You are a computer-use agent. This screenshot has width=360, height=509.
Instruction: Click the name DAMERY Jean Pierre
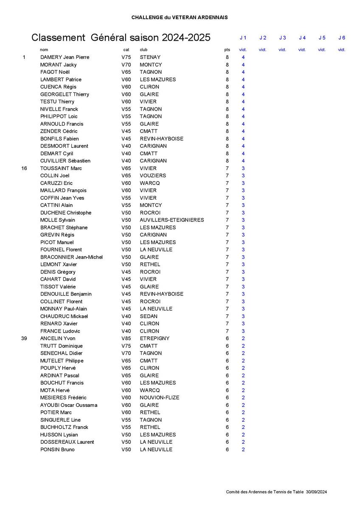(65, 57)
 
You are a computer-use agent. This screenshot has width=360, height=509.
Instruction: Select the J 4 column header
(302, 38)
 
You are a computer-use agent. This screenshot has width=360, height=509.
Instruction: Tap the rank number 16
(24, 168)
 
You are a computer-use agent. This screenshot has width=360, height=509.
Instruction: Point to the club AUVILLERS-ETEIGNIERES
(172, 220)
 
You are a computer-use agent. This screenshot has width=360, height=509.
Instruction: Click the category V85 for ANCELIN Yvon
(126, 338)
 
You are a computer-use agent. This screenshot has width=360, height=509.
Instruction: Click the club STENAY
(150, 57)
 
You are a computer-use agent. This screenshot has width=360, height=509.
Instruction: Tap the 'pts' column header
(227, 50)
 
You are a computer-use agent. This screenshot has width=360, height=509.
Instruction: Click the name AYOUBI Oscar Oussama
(68, 405)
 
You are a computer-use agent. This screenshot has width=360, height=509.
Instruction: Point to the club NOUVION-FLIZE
(159, 397)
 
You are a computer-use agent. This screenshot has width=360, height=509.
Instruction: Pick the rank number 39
(24, 338)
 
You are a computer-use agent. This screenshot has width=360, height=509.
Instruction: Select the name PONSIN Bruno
(57, 450)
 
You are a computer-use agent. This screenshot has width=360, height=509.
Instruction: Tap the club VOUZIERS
(153, 176)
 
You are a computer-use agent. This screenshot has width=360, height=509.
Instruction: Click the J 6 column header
(342, 38)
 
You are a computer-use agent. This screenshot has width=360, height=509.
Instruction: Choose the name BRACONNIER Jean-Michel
(71, 257)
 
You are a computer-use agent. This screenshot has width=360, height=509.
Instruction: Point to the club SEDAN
(149, 316)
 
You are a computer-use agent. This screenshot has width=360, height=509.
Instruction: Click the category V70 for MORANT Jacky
(126, 65)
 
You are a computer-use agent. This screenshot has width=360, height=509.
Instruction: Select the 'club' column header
(143, 50)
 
